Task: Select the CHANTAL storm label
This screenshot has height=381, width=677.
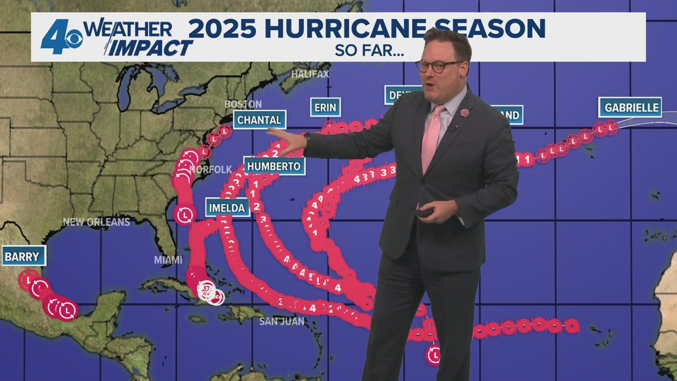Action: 259,120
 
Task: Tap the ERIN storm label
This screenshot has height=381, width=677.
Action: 325,108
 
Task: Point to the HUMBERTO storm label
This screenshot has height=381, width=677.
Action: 274,166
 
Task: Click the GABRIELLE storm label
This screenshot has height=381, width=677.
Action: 631,108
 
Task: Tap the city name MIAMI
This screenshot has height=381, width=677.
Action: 168,260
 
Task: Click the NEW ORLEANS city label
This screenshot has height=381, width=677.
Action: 96,222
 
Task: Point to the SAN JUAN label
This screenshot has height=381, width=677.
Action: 281,322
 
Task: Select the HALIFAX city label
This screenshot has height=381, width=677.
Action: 309,74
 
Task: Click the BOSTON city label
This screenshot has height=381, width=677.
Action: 242,104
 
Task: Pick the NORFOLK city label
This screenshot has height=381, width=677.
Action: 211,169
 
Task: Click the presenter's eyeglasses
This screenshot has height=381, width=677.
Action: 438,66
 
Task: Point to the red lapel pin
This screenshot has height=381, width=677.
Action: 464,112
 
